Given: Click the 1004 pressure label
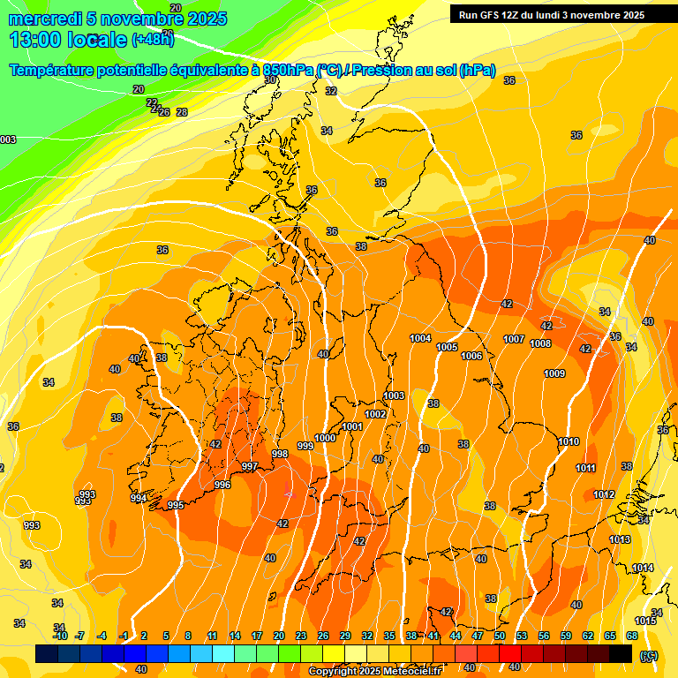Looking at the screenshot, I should [x=420, y=338].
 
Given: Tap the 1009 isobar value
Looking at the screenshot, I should [x=554, y=373].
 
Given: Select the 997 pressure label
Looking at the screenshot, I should [x=250, y=466].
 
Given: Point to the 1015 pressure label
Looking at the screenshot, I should [x=646, y=621].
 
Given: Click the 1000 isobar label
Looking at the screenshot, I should [x=325, y=438].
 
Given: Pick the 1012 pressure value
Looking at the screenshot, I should [x=604, y=494].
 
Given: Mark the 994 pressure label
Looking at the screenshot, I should [x=139, y=499].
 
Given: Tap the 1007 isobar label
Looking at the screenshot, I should [x=514, y=340].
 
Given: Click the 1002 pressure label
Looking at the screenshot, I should [x=375, y=414].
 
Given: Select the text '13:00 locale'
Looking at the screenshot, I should [x=67, y=39].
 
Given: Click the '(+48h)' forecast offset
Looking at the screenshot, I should [x=153, y=39].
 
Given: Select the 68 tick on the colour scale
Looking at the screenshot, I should [x=632, y=636].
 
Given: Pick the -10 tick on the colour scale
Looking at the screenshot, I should [x=60, y=636].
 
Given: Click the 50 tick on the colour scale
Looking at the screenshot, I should [x=500, y=636].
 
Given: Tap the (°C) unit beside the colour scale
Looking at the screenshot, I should [x=649, y=655].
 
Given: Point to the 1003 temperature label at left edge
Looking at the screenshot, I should [x=7, y=139].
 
